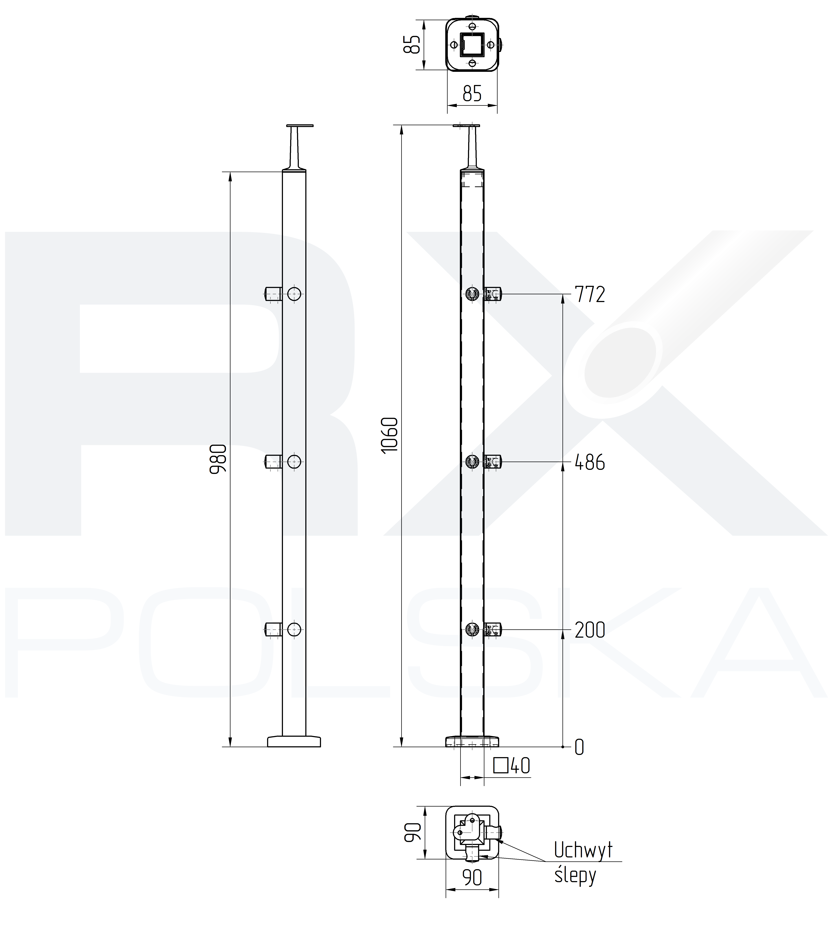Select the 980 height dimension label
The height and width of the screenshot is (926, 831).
218,459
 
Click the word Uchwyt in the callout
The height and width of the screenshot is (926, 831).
583,850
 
